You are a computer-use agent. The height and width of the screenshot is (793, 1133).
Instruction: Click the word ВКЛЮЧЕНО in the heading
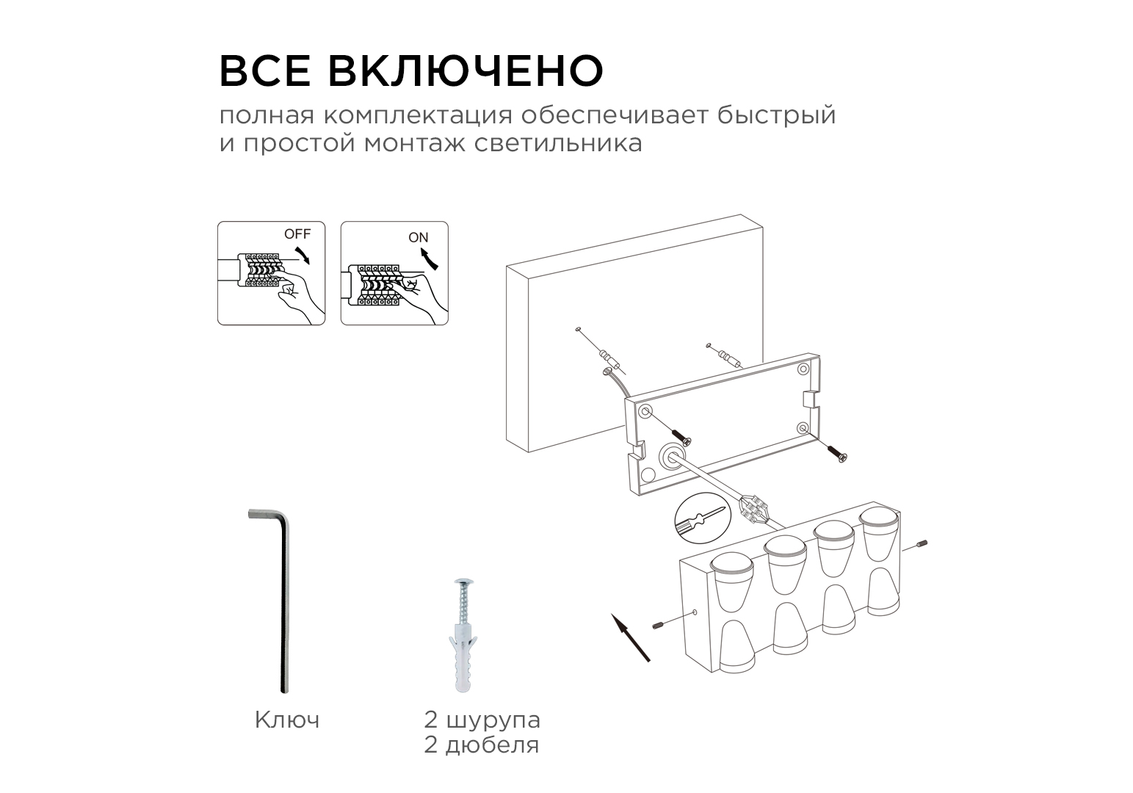(x=466, y=70)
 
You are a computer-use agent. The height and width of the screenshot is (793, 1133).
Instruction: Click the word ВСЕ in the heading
(x=264, y=70)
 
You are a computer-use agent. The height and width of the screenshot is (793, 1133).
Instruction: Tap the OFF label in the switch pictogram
(x=297, y=234)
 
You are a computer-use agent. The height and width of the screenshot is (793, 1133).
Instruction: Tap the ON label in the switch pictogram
(x=419, y=237)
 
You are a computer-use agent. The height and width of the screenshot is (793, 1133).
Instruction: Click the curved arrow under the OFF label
(x=303, y=256)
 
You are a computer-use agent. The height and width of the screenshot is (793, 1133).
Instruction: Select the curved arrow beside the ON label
(x=429, y=258)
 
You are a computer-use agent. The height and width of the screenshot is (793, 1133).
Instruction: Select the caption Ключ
(x=287, y=720)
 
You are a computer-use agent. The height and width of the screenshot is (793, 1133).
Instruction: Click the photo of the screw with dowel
(x=463, y=635)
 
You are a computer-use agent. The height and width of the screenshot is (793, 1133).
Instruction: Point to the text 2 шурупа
(x=482, y=720)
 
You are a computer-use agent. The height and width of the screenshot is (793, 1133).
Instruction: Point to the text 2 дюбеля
(x=482, y=745)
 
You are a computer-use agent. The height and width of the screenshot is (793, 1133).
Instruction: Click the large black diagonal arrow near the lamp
(x=630, y=637)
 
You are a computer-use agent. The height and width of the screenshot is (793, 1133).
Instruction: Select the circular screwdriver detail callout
(x=703, y=518)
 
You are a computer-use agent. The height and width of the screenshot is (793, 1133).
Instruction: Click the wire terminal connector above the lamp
(x=754, y=510)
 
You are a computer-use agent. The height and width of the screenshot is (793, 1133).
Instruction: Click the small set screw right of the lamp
(x=921, y=545)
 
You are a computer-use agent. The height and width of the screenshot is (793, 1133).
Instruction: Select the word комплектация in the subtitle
(x=418, y=116)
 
